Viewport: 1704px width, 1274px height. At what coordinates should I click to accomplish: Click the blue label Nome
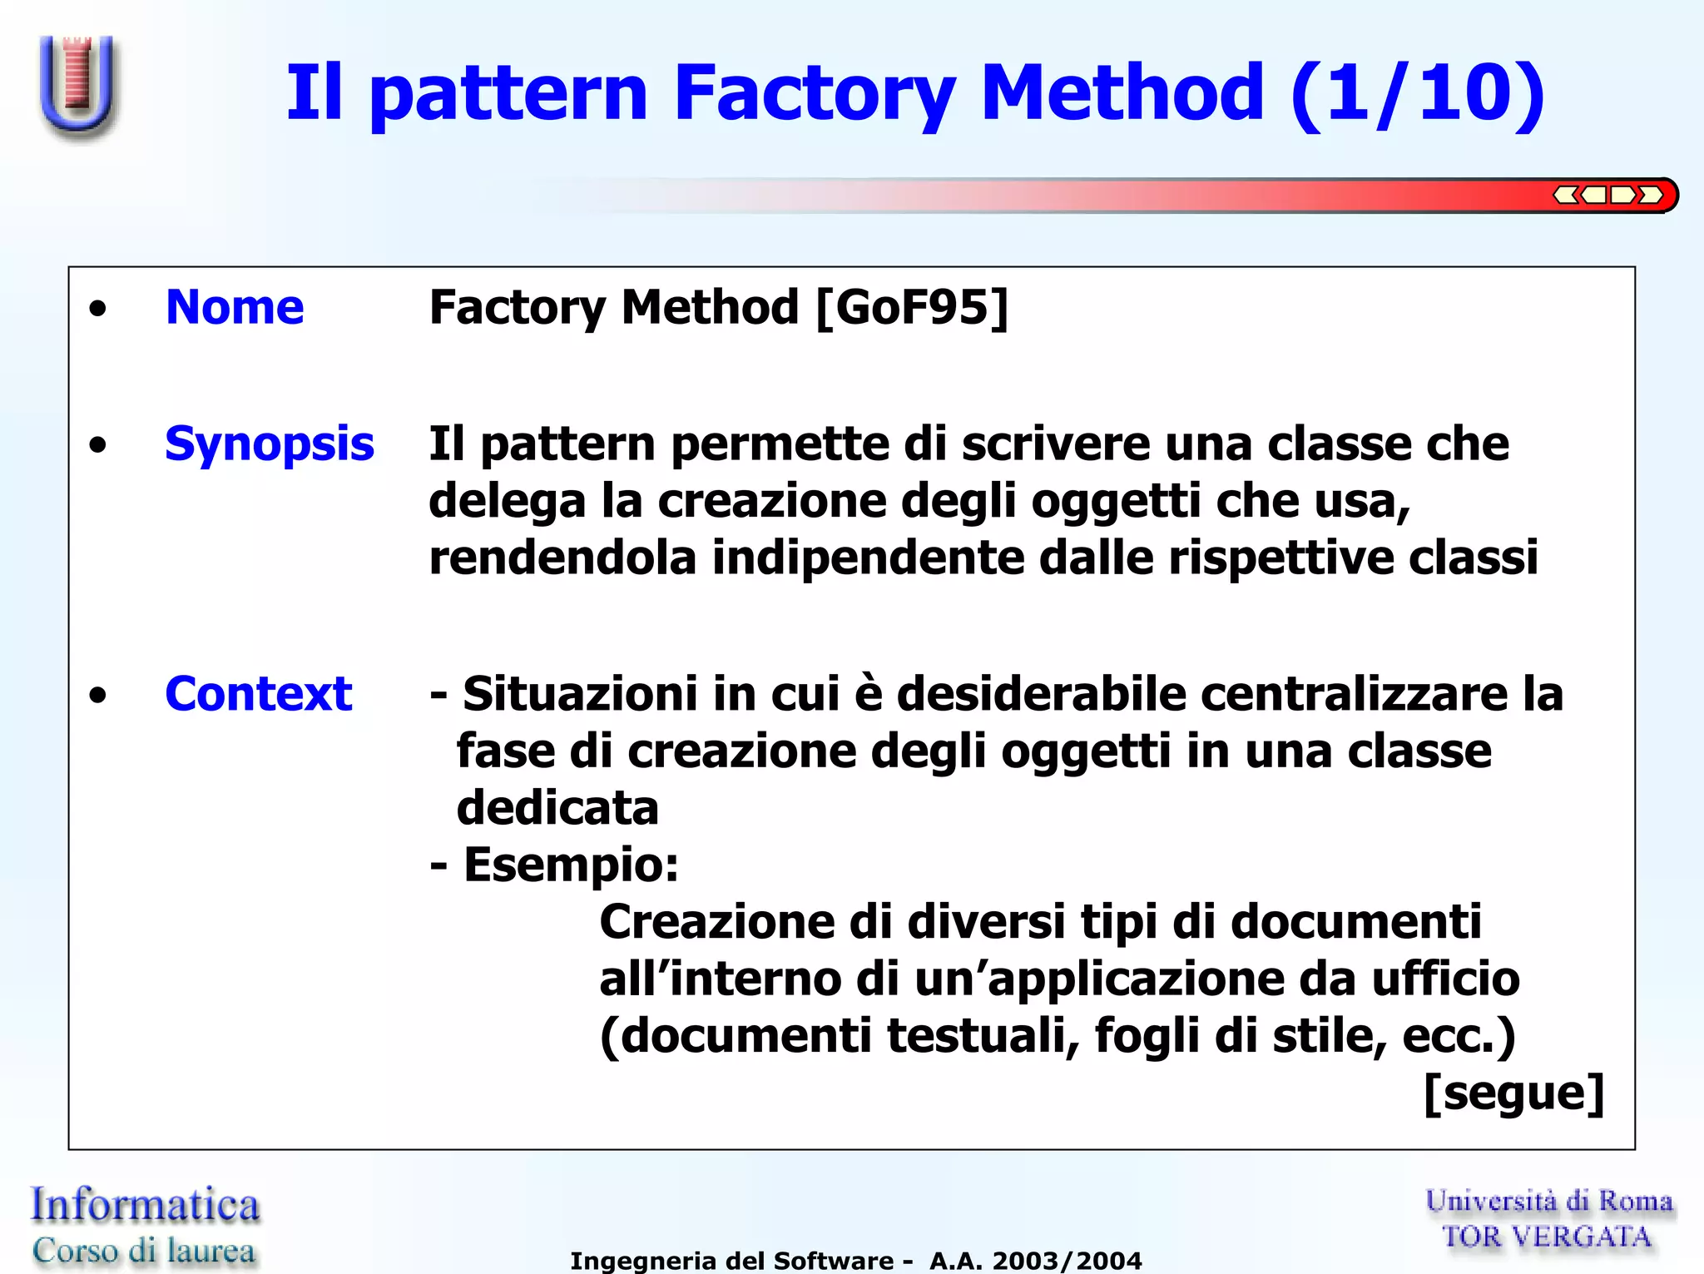coord(235,307)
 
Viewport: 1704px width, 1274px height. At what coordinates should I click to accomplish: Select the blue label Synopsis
coord(269,444)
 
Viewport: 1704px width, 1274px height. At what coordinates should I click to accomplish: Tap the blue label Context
coord(258,693)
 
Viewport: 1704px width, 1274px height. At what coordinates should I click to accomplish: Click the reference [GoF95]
coord(912,307)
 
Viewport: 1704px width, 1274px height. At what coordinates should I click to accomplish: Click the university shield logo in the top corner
coord(77,86)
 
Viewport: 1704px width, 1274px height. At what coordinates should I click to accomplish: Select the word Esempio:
coord(571,865)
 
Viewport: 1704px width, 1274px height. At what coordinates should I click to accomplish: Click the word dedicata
coord(557,808)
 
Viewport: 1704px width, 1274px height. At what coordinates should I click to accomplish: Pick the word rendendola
coord(562,557)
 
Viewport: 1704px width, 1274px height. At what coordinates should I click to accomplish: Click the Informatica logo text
coord(145,1205)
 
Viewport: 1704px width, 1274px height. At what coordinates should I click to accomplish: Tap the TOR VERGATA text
coord(1547,1237)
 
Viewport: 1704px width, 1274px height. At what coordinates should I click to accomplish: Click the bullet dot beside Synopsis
coord(98,445)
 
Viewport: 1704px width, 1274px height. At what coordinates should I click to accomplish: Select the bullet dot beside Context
coord(98,695)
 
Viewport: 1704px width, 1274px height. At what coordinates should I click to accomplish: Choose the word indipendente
coord(868,557)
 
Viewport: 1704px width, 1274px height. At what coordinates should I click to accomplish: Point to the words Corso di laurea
coord(143,1250)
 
